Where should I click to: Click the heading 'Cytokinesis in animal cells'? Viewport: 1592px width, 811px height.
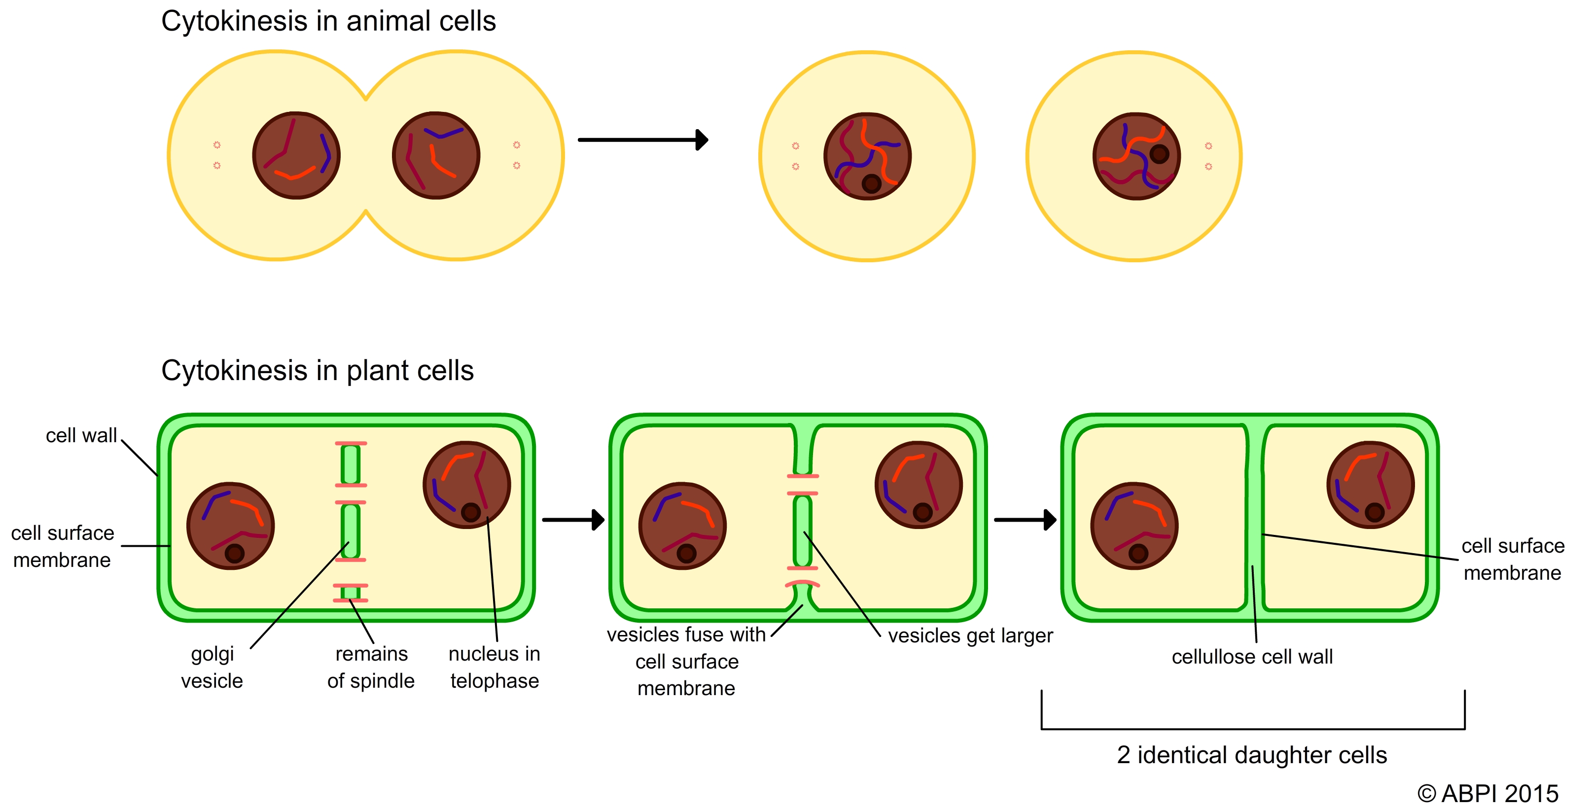click(x=328, y=22)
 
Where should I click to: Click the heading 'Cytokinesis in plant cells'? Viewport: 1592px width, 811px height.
click(x=317, y=371)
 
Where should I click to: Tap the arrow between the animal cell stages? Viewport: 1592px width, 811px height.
click(x=643, y=140)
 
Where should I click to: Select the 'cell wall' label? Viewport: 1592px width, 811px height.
click(x=81, y=436)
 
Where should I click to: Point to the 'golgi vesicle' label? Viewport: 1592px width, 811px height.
click(x=212, y=668)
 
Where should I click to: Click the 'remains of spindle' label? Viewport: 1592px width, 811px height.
click(x=371, y=668)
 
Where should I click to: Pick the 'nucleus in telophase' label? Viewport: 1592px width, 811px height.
click(x=495, y=668)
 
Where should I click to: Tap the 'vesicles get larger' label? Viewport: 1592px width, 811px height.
click(x=970, y=636)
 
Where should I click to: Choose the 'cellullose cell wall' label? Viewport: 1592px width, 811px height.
click(x=1252, y=657)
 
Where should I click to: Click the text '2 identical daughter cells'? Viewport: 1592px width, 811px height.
click(x=1252, y=755)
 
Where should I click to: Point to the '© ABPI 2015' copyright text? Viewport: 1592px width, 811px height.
click(x=1487, y=794)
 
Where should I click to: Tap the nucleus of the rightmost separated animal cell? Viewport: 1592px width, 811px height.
click(x=1136, y=156)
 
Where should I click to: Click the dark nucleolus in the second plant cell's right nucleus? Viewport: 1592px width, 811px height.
click(x=922, y=512)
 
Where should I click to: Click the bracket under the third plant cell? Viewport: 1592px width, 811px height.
click(x=1253, y=728)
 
